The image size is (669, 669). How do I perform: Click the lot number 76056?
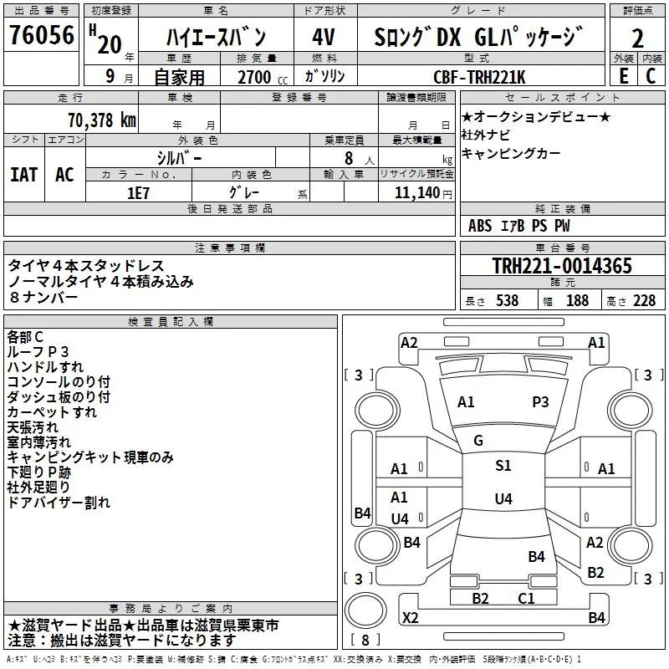(x=42, y=35)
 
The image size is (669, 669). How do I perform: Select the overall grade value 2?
(x=637, y=38)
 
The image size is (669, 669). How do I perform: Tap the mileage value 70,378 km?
(x=102, y=120)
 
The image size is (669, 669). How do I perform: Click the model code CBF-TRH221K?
(x=479, y=77)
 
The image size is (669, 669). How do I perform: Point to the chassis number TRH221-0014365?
(x=562, y=266)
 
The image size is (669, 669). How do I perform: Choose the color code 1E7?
(x=138, y=193)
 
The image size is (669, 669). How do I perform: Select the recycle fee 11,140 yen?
(x=423, y=193)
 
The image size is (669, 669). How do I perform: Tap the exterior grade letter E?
(x=624, y=76)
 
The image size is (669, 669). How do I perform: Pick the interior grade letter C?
(x=651, y=76)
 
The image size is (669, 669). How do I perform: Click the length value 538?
(x=508, y=300)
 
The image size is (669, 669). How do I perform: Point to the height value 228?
(x=644, y=300)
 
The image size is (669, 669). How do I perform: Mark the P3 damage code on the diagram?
(x=540, y=402)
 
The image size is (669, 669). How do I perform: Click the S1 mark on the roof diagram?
(x=503, y=466)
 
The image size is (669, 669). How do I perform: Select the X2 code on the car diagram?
(x=411, y=618)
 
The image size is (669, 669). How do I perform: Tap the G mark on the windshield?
(x=478, y=441)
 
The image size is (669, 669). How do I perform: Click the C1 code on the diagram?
(x=526, y=599)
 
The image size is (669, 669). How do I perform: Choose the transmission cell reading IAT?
(x=24, y=175)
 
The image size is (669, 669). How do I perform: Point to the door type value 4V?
(x=324, y=37)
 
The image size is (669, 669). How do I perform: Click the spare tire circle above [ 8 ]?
(x=365, y=610)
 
